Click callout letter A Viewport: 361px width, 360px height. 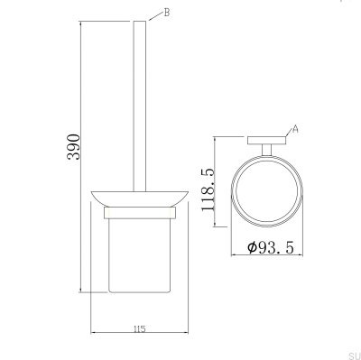click(x=295, y=129)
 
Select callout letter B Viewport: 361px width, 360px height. click(x=165, y=13)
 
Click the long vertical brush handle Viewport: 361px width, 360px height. click(x=140, y=99)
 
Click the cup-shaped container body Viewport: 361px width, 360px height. click(x=140, y=253)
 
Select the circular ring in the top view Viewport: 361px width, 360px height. click(x=267, y=189)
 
